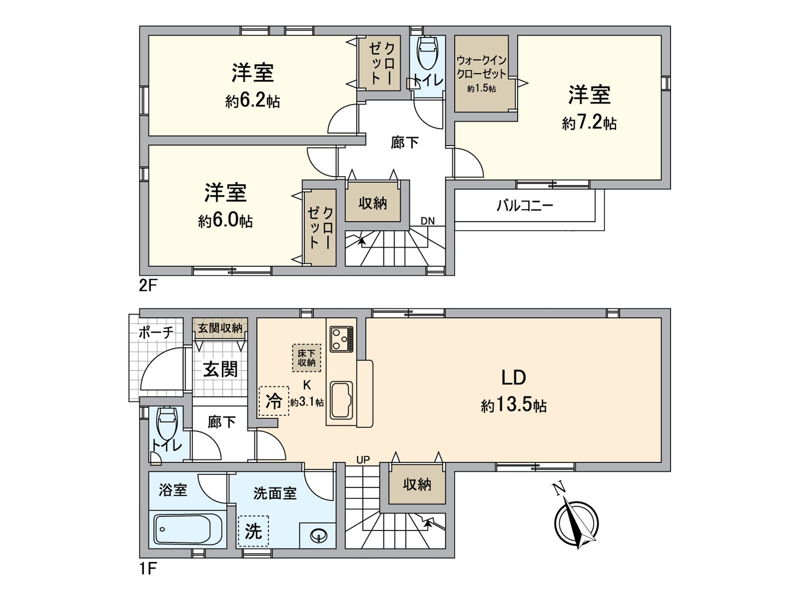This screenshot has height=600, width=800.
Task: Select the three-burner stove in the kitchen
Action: [x=341, y=339]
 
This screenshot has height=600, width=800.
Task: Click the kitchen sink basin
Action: [x=341, y=400]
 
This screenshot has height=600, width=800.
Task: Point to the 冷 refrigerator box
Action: [x=273, y=401]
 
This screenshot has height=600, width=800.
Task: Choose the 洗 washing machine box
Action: [x=253, y=531]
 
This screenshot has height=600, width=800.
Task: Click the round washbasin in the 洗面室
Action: [x=318, y=536]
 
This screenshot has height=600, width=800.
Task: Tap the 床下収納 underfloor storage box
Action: [x=306, y=357]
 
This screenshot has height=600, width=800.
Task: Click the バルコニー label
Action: [x=524, y=205]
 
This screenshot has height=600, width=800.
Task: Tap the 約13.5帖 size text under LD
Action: [x=513, y=405]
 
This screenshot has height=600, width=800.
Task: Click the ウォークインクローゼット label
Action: [x=481, y=66]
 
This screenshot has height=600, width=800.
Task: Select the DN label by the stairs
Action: [x=427, y=221]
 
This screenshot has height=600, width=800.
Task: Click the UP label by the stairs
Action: [x=363, y=459]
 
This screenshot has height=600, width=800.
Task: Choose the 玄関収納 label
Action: [x=220, y=328]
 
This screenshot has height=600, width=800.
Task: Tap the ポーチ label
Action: [x=156, y=332]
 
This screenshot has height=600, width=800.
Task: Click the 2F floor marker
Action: [x=148, y=285]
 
